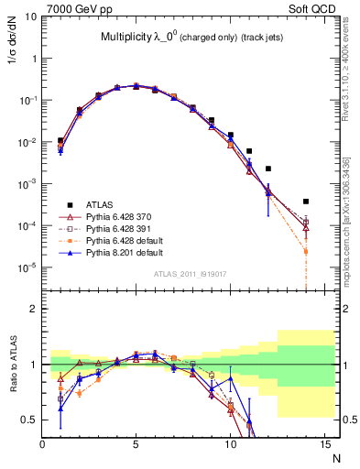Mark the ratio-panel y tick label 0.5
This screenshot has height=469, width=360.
click(30, 420)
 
